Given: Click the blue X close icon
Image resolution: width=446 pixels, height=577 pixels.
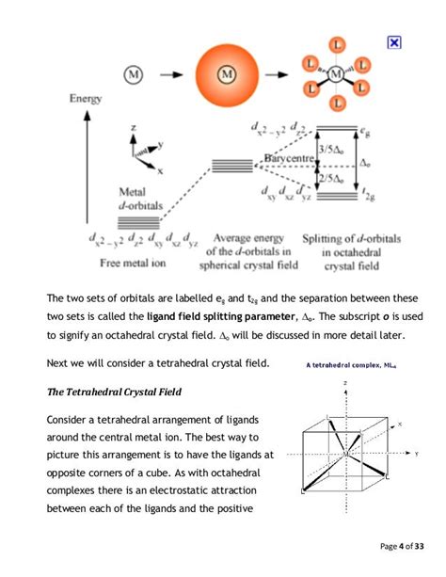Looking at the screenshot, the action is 394,42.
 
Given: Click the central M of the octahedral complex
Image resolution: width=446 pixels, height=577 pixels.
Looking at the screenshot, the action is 337,72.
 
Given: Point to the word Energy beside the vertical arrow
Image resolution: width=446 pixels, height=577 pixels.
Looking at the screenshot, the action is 86,98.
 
